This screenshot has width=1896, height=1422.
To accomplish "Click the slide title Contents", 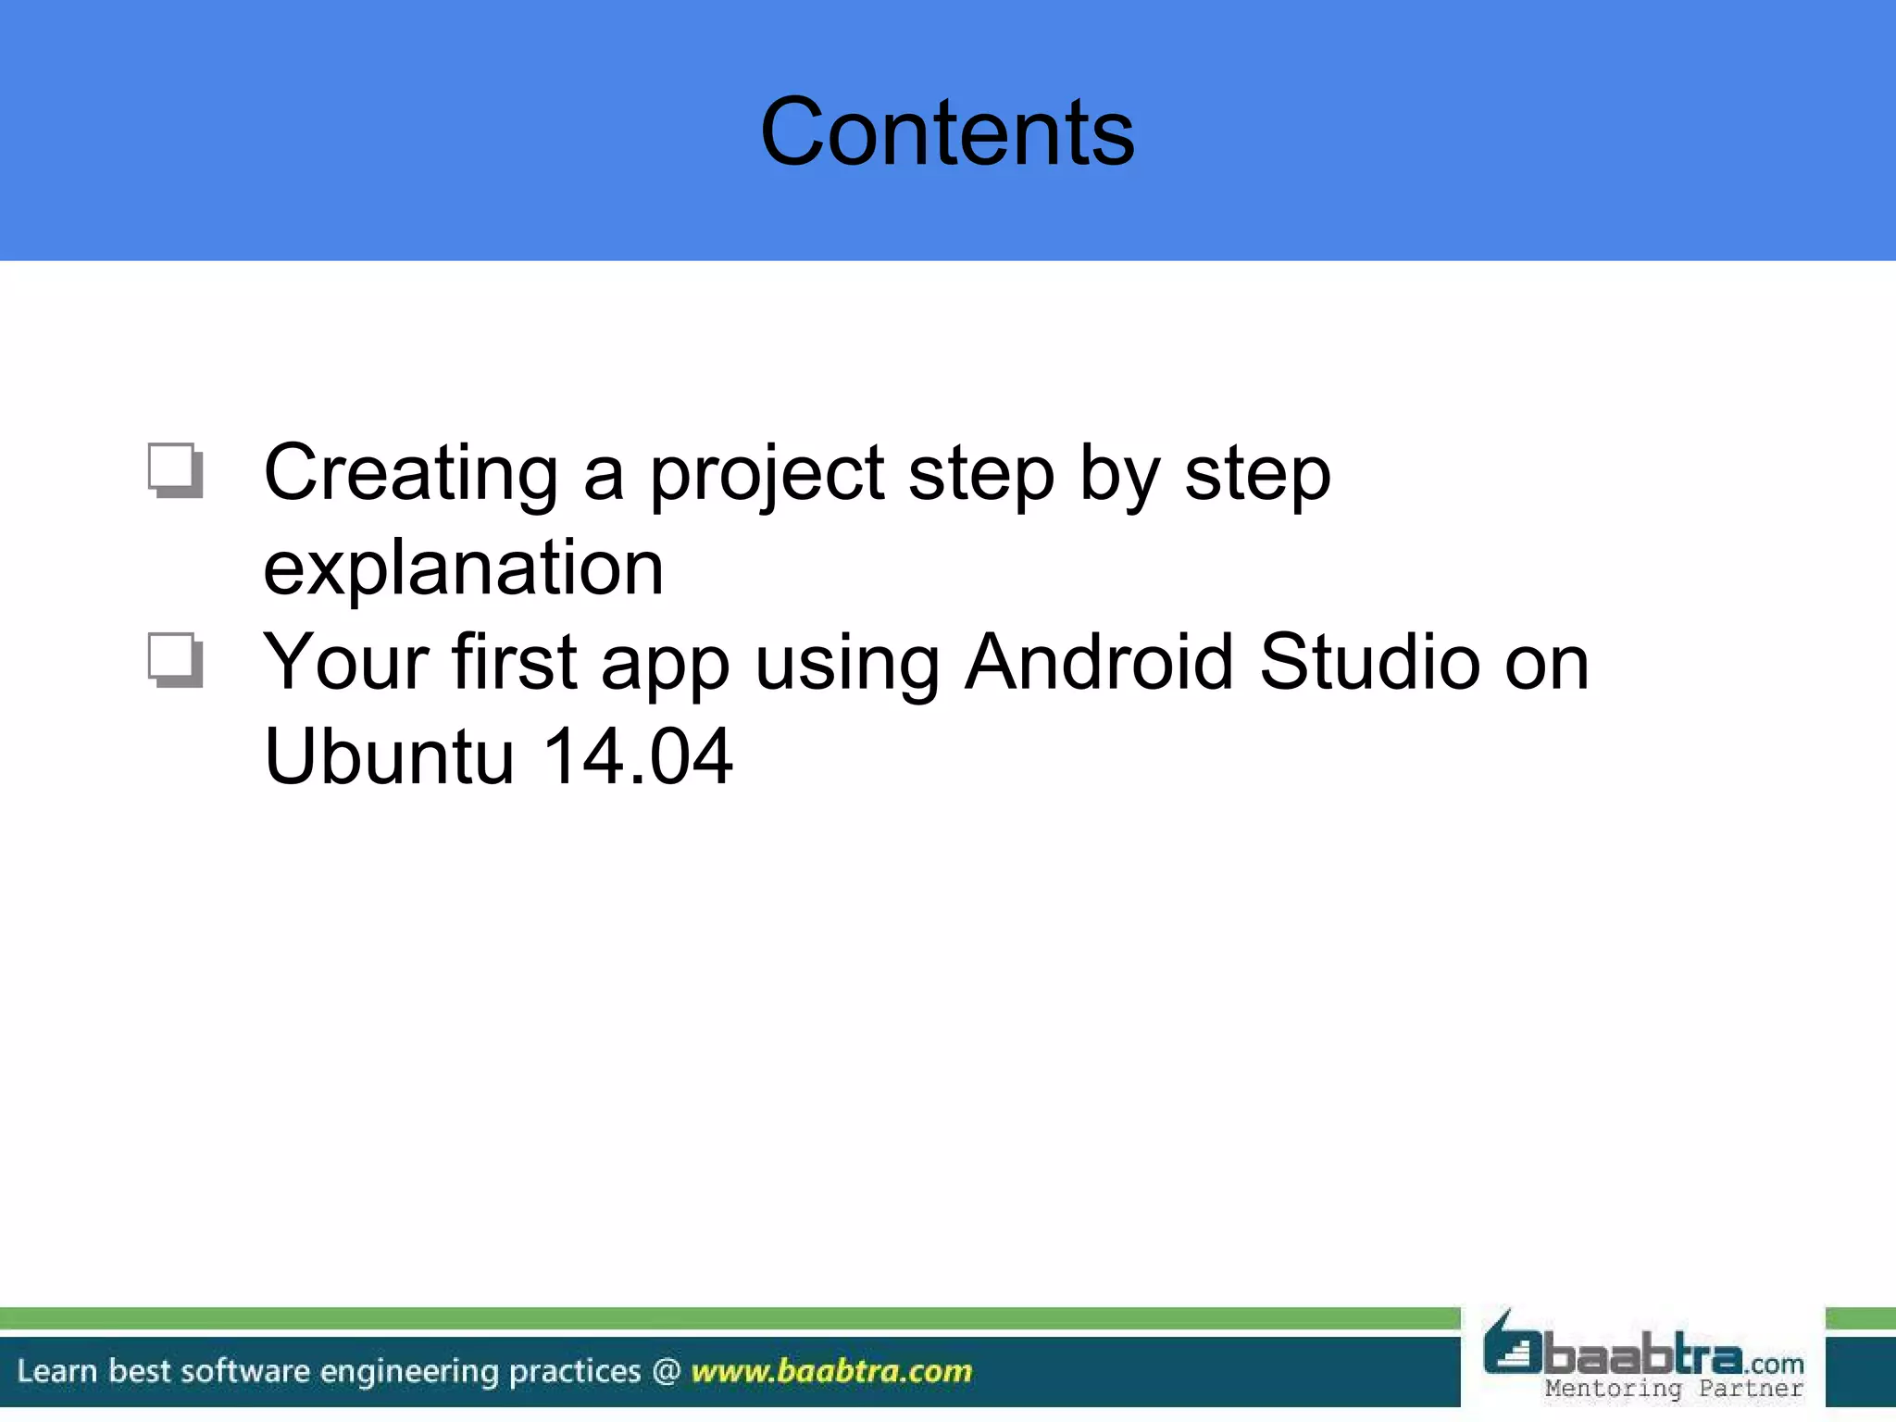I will point(947,132).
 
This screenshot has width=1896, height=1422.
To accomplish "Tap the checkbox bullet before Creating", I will point(175,470).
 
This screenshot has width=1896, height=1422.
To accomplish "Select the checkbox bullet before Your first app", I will point(175,660).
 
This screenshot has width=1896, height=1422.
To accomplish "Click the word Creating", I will point(410,474).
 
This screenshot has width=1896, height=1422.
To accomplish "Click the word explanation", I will point(463,568).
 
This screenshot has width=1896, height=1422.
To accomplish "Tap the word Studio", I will point(1369,662).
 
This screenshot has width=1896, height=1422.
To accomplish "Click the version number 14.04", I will point(637,756).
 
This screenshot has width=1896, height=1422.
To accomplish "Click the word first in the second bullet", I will point(515,662).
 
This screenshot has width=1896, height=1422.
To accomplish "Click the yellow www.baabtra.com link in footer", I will point(831,1370).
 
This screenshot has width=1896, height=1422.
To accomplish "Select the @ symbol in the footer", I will point(667,1370).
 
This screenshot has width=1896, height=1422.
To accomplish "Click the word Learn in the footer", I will point(56,1370).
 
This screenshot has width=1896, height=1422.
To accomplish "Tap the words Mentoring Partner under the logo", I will point(1674,1389).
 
